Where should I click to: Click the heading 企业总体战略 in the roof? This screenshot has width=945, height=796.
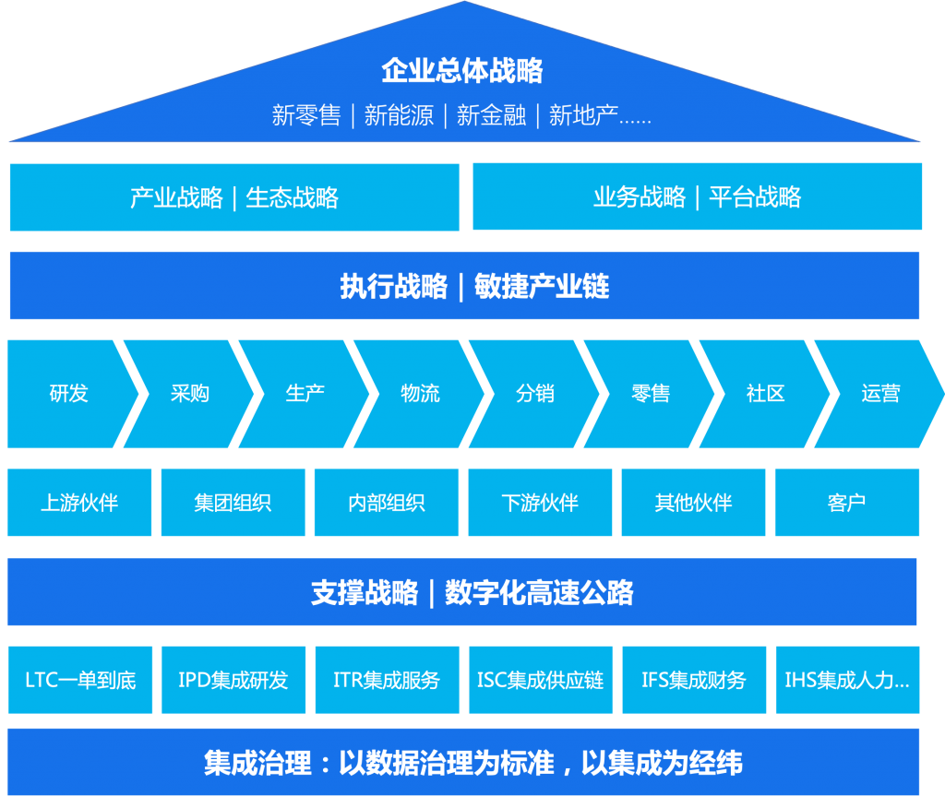pyautogui.click(x=462, y=71)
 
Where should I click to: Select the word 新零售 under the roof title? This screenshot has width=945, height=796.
pyautogui.click(x=306, y=115)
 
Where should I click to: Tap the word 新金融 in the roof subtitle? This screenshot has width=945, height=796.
pyautogui.click(x=491, y=115)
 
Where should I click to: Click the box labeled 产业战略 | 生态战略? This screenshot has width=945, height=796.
pyautogui.click(x=234, y=197)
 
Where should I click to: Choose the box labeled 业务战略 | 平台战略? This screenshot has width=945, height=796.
pyautogui.click(x=697, y=197)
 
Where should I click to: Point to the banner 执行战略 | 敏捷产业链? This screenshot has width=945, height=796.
pyautogui.click(x=464, y=286)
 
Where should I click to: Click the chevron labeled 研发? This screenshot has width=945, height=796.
pyautogui.click(x=68, y=394)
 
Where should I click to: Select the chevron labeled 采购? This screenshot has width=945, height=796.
pyautogui.click(x=190, y=394)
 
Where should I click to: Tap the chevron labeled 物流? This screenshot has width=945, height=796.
pyautogui.click(x=420, y=394)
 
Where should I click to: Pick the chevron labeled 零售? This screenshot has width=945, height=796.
pyautogui.click(x=651, y=394)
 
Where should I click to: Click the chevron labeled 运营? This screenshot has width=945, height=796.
pyautogui.click(x=880, y=394)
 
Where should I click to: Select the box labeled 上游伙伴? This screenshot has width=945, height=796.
pyautogui.click(x=79, y=503)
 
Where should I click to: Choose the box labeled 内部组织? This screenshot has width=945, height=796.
pyautogui.click(x=387, y=503)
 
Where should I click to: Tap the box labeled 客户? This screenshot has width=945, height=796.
pyautogui.click(x=846, y=503)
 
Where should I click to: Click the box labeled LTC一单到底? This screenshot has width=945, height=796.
pyautogui.click(x=80, y=681)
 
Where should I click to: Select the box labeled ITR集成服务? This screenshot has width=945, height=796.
pyautogui.click(x=387, y=681)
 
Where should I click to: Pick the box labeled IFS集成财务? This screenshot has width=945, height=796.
pyautogui.click(x=693, y=681)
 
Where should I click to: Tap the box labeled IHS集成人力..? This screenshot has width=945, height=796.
pyautogui.click(x=847, y=681)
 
